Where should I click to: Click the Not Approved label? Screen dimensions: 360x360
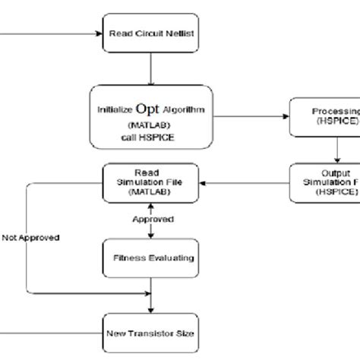tap(30, 237)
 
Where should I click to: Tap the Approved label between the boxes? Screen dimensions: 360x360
tap(153, 219)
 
